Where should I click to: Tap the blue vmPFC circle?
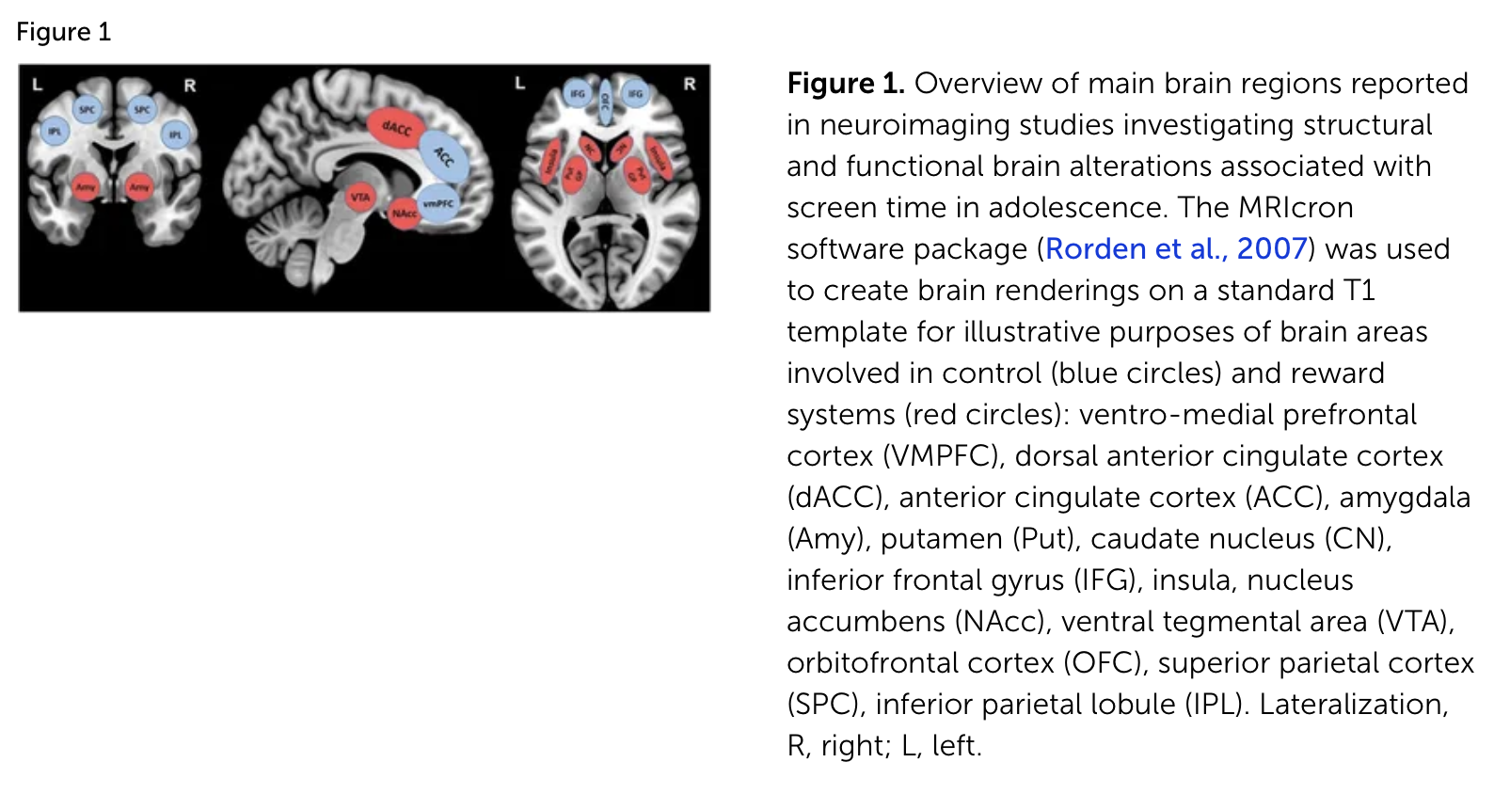(437, 203)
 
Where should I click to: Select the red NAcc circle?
(405, 214)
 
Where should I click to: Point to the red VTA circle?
(359, 197)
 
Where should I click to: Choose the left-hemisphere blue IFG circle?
(577, 93)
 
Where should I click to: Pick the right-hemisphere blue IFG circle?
(636, 93)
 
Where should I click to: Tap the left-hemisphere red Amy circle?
(86, 187)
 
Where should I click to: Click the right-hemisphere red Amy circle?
(139, 187)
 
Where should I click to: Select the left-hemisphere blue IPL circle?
(55, 132)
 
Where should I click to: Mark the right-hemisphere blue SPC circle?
(142, 109)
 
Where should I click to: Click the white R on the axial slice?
(690, 84)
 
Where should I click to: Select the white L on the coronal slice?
(38, 85)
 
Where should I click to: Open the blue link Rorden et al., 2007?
(1176, 248)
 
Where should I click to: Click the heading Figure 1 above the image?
(64, 32)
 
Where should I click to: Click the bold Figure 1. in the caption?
(846, 84)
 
